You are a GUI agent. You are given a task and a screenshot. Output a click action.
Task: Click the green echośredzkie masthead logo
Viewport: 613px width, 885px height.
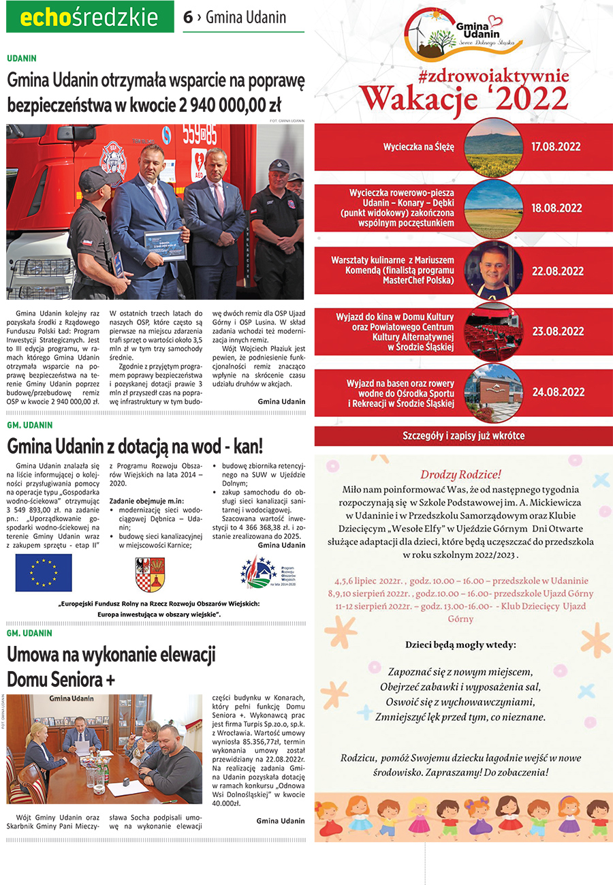coord(90,17)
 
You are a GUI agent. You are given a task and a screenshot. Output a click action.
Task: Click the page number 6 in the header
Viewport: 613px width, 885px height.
coord(188,18)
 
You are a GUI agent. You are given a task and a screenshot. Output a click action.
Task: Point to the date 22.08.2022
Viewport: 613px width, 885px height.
coord(558,271)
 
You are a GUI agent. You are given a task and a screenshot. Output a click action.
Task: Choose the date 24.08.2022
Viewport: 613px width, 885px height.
coord(558,392)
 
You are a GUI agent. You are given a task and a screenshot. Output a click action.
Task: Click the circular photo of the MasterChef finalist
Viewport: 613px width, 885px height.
coord(494,270)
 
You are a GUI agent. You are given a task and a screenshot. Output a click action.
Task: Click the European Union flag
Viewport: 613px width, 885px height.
coord(44,572)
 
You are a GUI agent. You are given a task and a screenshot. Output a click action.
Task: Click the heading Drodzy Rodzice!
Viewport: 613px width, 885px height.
coord(460,474)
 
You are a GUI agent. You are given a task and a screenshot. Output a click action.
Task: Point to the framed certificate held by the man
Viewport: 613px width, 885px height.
coord(165,245)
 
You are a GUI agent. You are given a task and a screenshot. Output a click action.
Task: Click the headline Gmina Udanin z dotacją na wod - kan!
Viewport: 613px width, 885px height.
coord(135,447)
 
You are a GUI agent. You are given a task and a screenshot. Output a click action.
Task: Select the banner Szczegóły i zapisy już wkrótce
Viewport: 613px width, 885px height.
coord(463,436)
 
